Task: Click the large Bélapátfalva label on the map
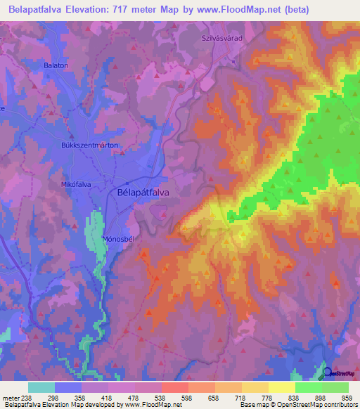(x=143, y=191)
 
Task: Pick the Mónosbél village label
(x=118, y=238)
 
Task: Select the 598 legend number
(x=186, y=397)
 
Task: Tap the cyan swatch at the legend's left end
(x=41, y=387)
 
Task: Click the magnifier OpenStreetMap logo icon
(x=327, y=372)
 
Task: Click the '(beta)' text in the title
(x=290, y=11)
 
